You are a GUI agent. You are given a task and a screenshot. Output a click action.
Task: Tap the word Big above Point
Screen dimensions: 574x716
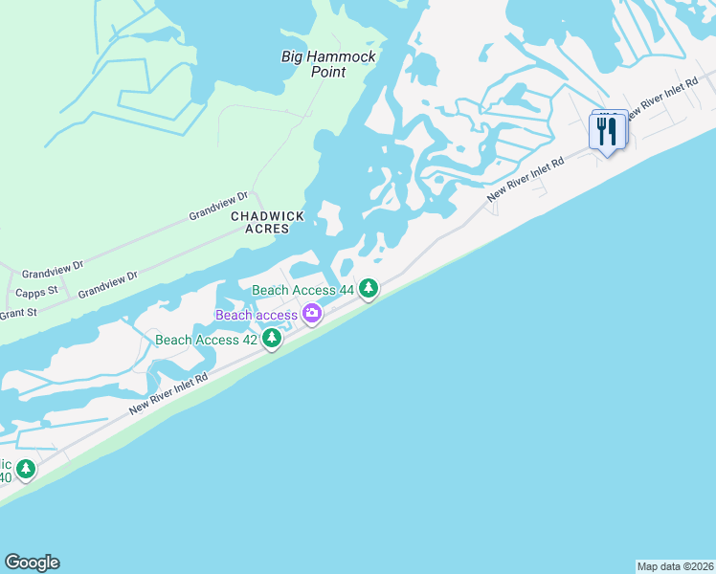[x=293, y=56]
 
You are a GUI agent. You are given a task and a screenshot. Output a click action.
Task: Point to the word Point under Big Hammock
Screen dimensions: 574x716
[x=328, y=73]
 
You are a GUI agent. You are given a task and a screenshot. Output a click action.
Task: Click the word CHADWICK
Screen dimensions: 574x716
[x=267, y=216]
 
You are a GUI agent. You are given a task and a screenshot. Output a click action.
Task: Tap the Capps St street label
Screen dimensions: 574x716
[x=37, y=291]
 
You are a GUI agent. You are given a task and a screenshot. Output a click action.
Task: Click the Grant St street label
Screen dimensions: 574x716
[x=17, y=313]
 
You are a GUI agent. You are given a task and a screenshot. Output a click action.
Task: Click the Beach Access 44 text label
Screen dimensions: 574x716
[x=302, y=290]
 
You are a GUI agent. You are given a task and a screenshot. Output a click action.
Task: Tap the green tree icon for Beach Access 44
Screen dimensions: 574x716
[x=369, y=289]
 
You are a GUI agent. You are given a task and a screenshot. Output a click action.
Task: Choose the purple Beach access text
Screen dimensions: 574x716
[x=256, y=315]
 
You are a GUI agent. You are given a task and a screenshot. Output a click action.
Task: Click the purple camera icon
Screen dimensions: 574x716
[x=312, y=314]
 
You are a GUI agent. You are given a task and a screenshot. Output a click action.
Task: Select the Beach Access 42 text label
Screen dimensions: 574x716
[x=206, y=340]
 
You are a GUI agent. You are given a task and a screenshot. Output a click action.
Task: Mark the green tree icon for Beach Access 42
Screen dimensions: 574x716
[x=273, y=338]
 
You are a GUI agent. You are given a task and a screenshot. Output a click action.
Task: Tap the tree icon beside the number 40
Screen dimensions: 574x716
[x=26, y=470]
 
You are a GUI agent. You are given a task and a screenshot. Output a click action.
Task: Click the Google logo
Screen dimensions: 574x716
[x=32, y=563]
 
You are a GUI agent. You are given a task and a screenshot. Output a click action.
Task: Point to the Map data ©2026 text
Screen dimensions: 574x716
[x=675, y=566]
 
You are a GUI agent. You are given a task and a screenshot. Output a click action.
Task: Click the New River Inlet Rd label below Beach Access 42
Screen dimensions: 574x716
[x=168, y=395]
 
